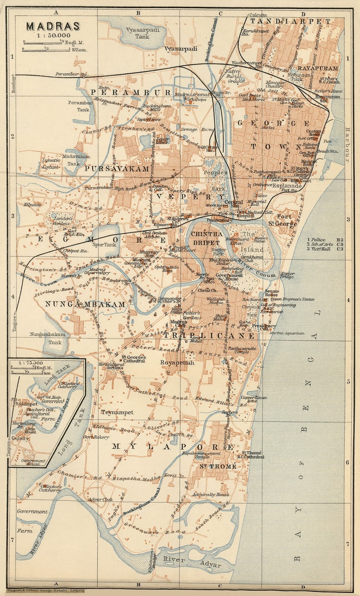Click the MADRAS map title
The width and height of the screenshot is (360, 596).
(x=53, y=26)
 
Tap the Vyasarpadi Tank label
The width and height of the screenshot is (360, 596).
(x=142, y=33)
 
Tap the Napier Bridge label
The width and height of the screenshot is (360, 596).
(x=287, y=275)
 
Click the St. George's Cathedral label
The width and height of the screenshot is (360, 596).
(x=133, y=359)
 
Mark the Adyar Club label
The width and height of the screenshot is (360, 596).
(x=100, y=500)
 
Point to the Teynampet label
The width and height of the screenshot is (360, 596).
(x=117, y=412)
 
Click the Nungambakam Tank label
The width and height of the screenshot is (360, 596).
(x=48, y=338)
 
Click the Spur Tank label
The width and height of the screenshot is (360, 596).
(x=104, y=245)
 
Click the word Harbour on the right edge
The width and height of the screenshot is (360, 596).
(x=347, y=145)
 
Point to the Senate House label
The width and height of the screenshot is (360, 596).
(x=272, y=292)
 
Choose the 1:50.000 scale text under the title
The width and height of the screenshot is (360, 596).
(x=53, y=35)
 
